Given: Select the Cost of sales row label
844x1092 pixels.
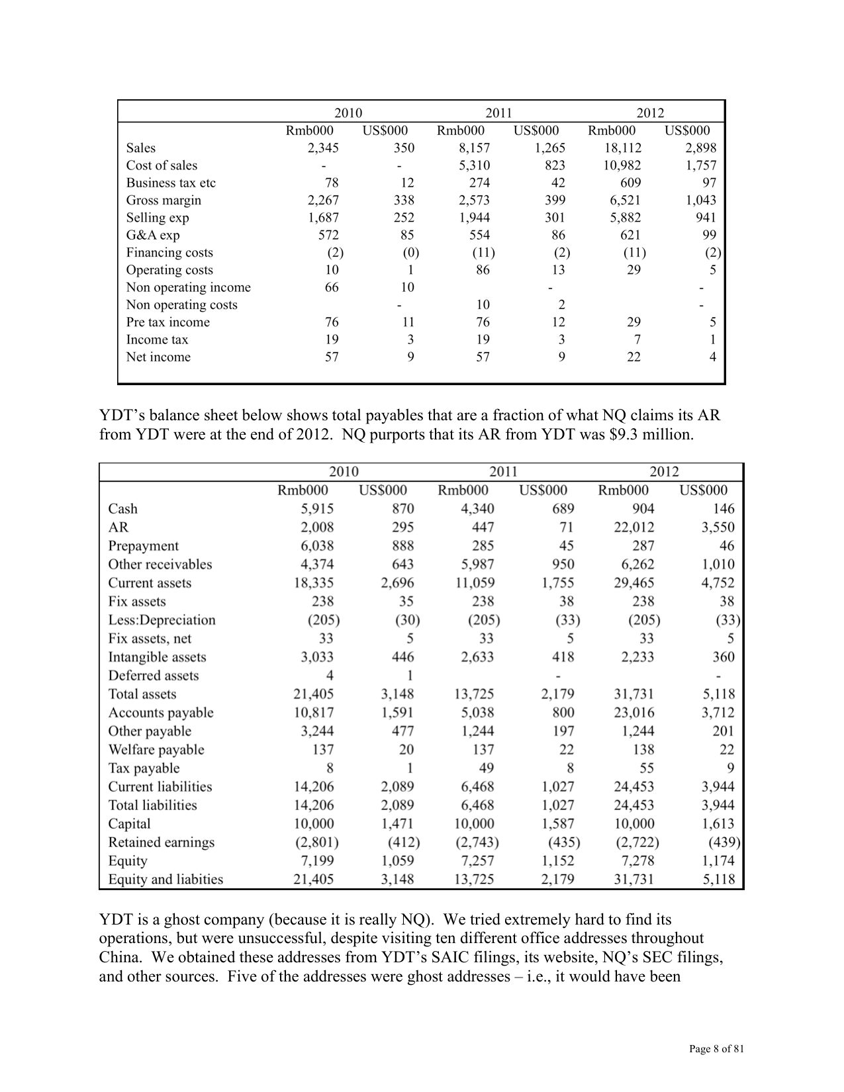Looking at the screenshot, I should click(162, 165).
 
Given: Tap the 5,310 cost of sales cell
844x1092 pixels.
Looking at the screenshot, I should click(474, 165).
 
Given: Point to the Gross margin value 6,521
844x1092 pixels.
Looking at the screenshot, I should click(625, 201).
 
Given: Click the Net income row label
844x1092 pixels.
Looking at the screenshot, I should click(158, 357).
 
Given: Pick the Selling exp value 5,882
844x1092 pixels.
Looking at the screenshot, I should click(625, 218).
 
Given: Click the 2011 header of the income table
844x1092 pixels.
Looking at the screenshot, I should click(498, 113).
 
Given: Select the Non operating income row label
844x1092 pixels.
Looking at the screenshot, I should click(188, 287).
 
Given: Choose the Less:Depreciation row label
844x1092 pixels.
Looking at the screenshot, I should click(162, 620).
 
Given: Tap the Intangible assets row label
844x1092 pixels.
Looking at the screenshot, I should click(157, 657).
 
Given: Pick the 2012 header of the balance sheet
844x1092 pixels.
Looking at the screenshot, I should click(664, 472).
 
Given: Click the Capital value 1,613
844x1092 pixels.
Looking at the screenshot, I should click(718, 824).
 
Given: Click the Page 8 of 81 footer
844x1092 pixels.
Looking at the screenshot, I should click(716, 1049).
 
